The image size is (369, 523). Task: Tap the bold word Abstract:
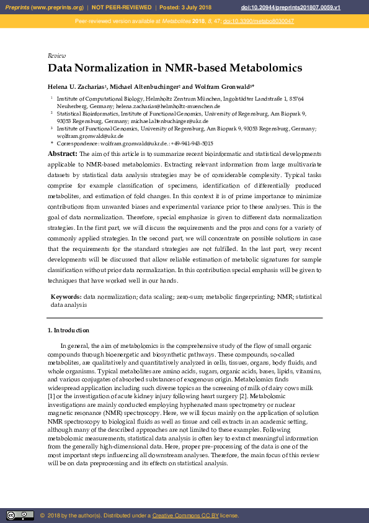coord(63,153)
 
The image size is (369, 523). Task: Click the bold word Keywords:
coord(66,298)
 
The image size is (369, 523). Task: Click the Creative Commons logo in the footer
coord(20,516)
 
